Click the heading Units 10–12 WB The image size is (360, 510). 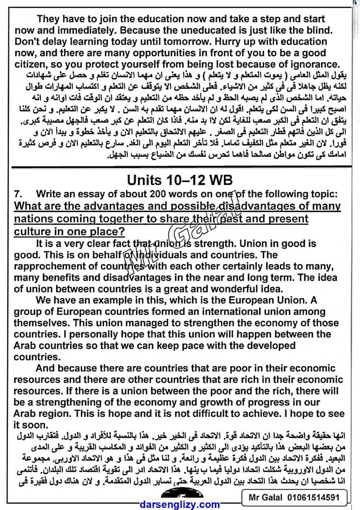tap(179, 180)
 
